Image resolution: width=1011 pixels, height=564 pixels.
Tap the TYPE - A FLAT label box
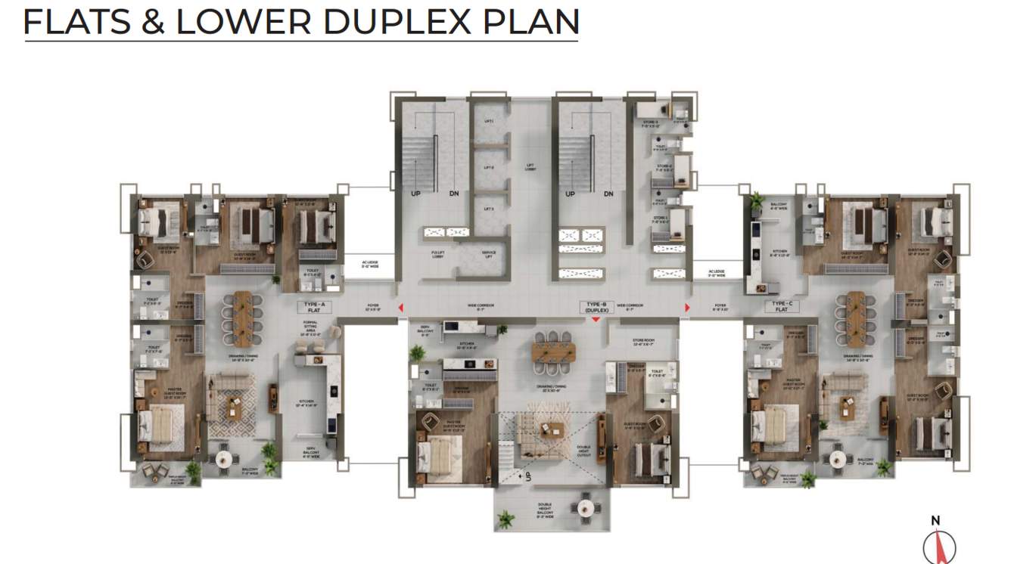coord(314,307)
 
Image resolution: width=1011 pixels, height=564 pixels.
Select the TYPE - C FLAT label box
coord(782,307)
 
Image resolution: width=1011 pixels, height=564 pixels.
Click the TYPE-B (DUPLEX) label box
coord(597,307)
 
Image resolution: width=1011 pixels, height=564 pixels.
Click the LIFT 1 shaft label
coord(488,120)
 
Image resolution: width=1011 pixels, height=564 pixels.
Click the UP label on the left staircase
coord(415,194)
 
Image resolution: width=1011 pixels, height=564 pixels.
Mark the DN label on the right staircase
coord(609,194)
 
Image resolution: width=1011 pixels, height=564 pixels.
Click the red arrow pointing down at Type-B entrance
coord(596,320)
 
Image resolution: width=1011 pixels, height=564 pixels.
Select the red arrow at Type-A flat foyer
coord(400,307)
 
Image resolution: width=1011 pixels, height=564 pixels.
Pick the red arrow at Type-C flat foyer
coord(687,307)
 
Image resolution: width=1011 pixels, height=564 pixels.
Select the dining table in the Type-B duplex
coord(551,351)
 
